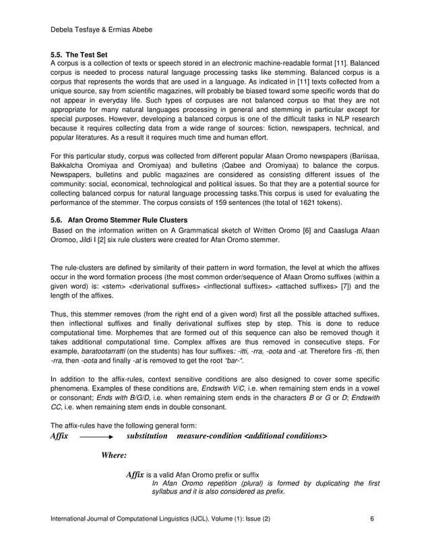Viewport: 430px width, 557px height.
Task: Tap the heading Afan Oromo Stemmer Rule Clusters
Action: (x=128, y=219)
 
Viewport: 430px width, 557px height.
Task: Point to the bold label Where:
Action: (x=114, y=455)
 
